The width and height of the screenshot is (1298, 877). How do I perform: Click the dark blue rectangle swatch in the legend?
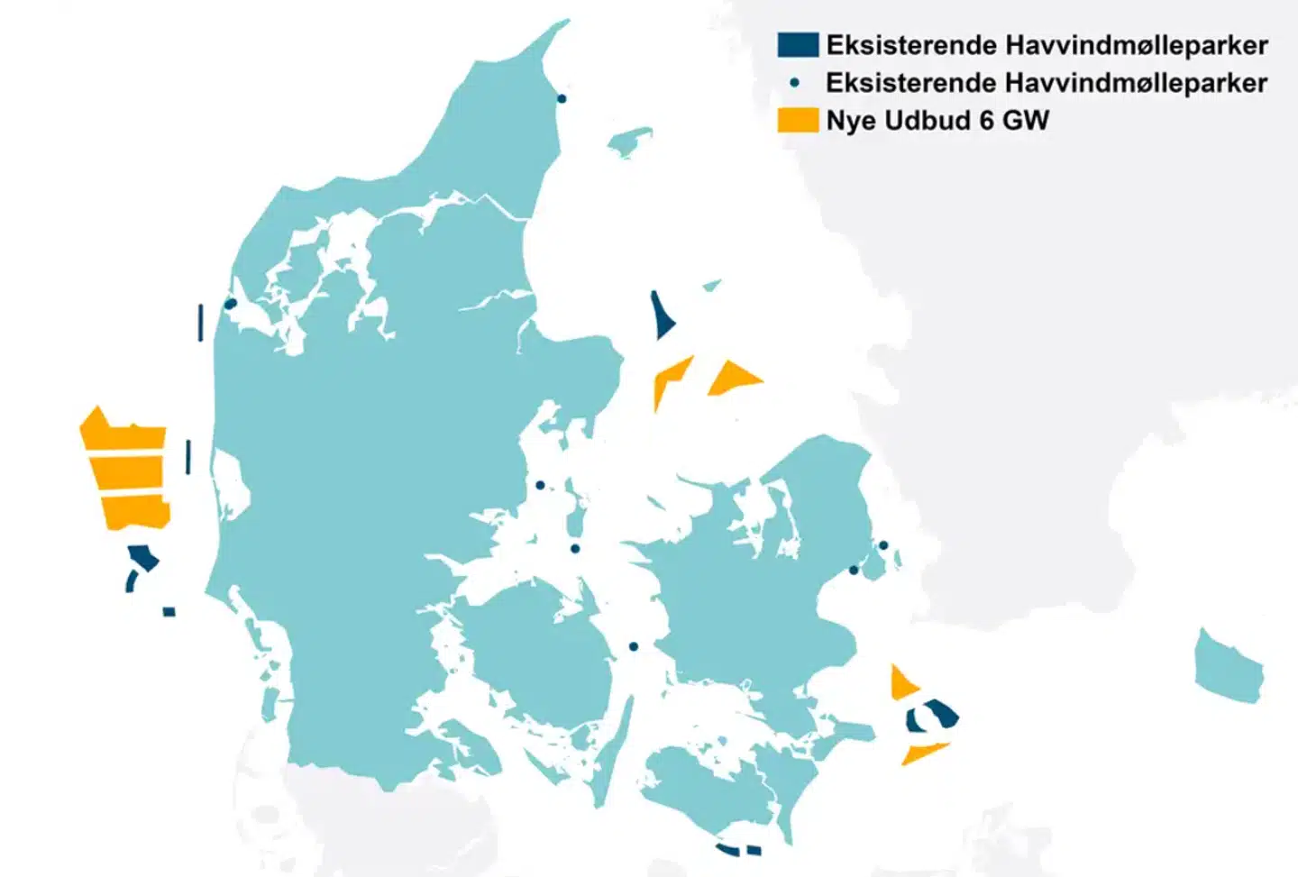798,44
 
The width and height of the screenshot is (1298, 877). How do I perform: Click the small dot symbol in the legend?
794,82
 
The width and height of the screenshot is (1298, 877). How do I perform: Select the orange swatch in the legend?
798,121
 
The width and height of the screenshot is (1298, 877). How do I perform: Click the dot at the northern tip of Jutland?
562,98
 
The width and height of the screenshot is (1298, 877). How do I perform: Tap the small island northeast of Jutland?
630,142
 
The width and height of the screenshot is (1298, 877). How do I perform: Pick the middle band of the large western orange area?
127,471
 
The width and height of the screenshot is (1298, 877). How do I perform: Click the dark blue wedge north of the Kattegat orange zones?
663,316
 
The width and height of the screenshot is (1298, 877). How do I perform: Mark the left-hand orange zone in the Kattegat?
669,378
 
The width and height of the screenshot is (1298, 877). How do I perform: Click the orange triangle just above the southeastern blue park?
901,683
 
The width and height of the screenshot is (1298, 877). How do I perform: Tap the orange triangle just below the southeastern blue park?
922,751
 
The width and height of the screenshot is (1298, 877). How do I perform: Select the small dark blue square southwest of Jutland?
169,612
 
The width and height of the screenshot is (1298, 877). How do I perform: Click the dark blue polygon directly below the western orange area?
143,558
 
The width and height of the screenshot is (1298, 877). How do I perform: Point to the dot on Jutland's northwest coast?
230,304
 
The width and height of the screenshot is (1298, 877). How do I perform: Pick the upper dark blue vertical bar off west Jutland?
200,323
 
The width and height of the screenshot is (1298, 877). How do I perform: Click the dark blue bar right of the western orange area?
187,456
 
